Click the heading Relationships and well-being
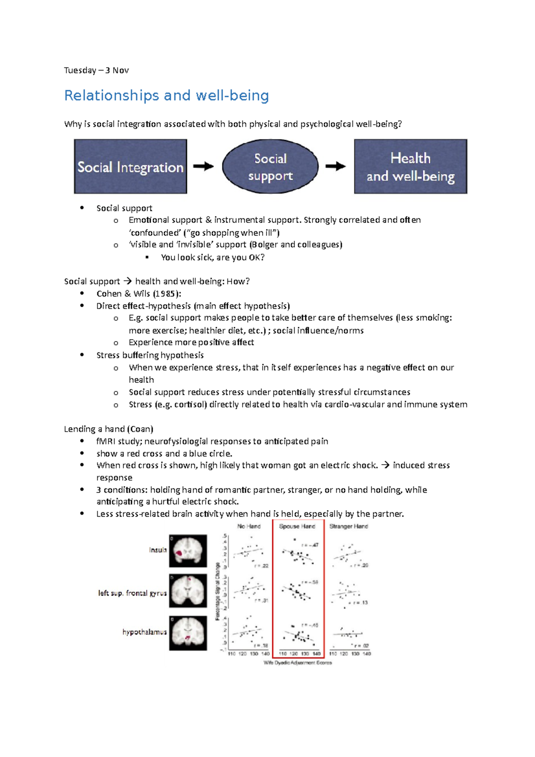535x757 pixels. coord(166,95)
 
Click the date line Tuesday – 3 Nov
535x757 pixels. coord(96,70)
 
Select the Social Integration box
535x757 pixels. coord(130,167)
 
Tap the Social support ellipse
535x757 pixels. coord(270,167)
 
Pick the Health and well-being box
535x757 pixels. coord(410,167)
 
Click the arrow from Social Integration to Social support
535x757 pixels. coord(203,166)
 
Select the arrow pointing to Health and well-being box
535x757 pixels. coord(335,166)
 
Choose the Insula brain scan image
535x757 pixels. coord(188,551)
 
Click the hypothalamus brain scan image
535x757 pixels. coord(188,633)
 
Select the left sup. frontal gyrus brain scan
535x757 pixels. coord(188,591)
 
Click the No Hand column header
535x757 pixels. coord(249,526)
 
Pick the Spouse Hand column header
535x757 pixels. coord(297,526)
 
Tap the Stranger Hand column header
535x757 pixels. coord(349,526)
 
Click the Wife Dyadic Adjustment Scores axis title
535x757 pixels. coord(298,662)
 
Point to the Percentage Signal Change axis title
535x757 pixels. coord(218,591)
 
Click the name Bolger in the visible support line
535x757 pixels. coord(265,244)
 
